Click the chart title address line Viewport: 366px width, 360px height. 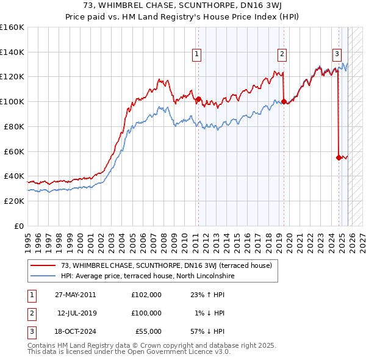click(x=183, y=5)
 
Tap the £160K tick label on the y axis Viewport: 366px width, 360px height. click(x=12, y=27)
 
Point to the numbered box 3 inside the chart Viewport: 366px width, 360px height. click(x=337, y=54)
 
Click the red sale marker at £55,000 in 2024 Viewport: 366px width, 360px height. click(x=339, y=157)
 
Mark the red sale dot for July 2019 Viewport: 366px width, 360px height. click(x=284, y=101)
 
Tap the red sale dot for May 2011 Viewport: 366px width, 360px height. click(x=198, y=99)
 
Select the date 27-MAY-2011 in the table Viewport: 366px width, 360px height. click(x=75, y=294)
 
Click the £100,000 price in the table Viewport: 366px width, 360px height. click(x=146, y=312)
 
